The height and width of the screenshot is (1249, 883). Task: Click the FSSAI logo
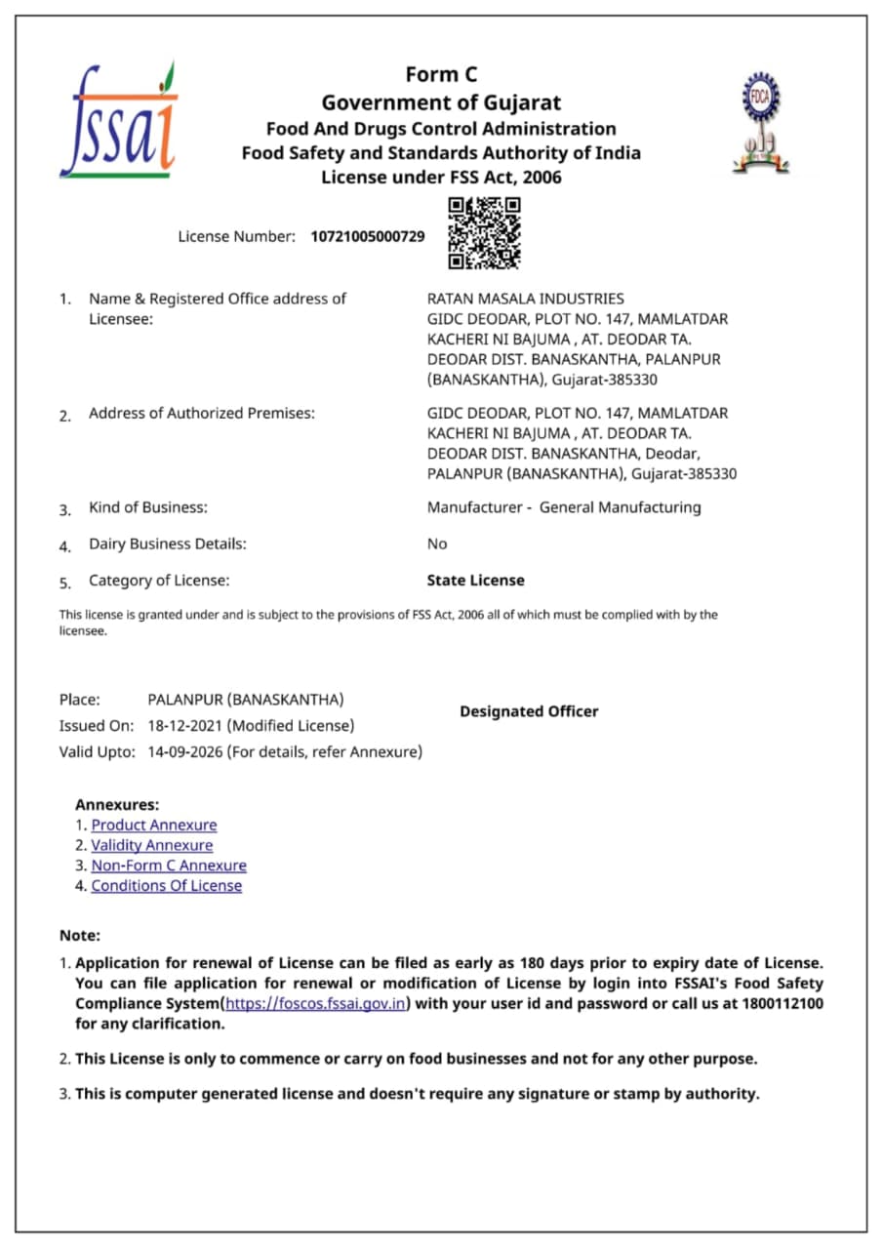click(x=118, y=120)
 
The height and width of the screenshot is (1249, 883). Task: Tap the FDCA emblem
click(x=761, y=123)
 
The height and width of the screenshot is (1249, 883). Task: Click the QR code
click(x=484, y=232)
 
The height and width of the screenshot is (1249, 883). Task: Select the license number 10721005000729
click(x=368, y=236)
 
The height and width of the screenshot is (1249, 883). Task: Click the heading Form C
click(x=441, y=75)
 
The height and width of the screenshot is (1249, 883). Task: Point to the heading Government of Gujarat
click(x=441, y=102)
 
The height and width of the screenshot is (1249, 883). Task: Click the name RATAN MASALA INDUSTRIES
click(x=525, y=299)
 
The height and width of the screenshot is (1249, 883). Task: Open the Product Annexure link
click(x=154, y=826)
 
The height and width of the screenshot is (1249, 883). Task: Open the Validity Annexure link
click(x=151, y=845)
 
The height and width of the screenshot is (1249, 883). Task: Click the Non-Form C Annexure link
click(x=169, y=866)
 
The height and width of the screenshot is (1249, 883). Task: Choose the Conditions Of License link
click(x=166, y=886)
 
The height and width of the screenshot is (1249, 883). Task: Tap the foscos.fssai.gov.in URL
click(x=316, y=1004)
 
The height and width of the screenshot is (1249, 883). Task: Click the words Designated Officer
click(x=529, y=711)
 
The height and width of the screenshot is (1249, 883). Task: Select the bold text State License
click(x=475, y=581)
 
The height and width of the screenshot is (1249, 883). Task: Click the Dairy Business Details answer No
click(x=437, y=544)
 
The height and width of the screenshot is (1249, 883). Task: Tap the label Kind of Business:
click(x=148, y=507)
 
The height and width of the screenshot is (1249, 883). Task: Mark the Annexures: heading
click(x=116, y=805)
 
